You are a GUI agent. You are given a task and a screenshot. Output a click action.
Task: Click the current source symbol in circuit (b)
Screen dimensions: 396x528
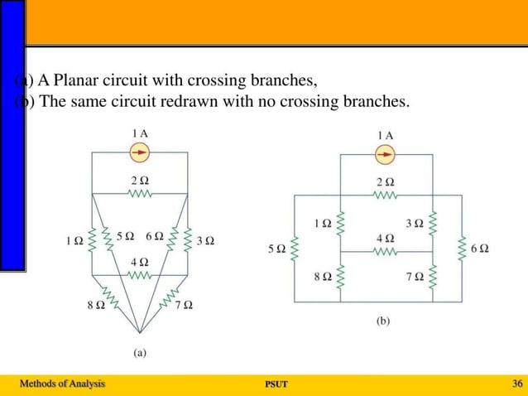pyautogui.click(x=384, y=155)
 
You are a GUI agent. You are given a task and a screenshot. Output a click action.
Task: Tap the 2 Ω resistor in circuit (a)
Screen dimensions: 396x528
pyautogui.click(x=139, y=194)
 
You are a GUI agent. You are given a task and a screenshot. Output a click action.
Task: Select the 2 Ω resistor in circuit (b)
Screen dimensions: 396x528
pyautogui.click(x=384, y=196)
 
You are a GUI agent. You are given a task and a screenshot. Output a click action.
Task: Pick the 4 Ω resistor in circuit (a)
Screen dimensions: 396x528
pyautogui.click(x=139, y=274)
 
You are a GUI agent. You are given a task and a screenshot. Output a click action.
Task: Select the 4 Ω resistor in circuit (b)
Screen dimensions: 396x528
pyautogui.click(x=384, y=251)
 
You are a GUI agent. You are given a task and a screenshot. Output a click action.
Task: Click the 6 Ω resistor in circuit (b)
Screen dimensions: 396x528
pyautogui.click(x=463, y=249)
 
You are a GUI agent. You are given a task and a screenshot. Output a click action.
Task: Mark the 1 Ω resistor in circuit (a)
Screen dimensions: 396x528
pyautogui.click(x=92, y=240)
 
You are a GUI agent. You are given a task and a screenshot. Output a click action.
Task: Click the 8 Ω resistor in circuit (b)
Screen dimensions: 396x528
pyautogui.click(x=340, y=278)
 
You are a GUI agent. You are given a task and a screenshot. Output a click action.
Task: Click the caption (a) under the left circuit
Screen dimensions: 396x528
pyautogui.click(x=140, y=353)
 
